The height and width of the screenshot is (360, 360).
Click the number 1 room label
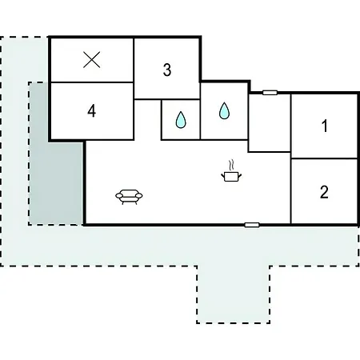tap(325, 126)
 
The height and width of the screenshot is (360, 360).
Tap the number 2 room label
tap(324, 192)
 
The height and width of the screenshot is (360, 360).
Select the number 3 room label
tap(167, 70)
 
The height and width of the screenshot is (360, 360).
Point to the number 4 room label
tap(92, 111)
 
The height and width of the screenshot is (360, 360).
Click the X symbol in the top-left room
tap(92, 60)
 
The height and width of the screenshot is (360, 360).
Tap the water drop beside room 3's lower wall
tap(181, 119)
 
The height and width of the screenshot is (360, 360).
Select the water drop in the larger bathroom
tap(224, 110)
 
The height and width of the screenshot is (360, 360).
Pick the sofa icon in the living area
tap(129, 197)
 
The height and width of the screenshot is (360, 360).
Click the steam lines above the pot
tap(231, 165)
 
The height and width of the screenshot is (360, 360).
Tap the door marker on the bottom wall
tap(252, 225)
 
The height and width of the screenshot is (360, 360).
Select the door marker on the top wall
tap(270, 93)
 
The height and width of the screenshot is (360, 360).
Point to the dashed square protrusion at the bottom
tap(234, 294)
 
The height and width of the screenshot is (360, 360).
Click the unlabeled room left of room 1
tap(270, 122)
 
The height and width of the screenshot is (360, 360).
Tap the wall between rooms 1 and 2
tap(324, 158)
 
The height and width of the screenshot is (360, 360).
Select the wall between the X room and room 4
tap(92, 82)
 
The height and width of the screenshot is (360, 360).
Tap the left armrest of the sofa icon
tap(119, 196)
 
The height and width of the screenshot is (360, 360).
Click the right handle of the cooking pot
tap(240, 175)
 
